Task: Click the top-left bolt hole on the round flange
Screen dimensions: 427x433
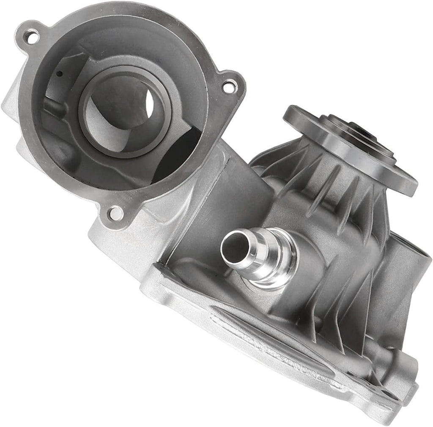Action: tap(30, 37)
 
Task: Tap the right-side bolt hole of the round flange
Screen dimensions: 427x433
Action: tap(229, 87)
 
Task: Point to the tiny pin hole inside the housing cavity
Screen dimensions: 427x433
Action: tap(60, 74)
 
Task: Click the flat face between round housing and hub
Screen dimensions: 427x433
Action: tap(237, 194)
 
